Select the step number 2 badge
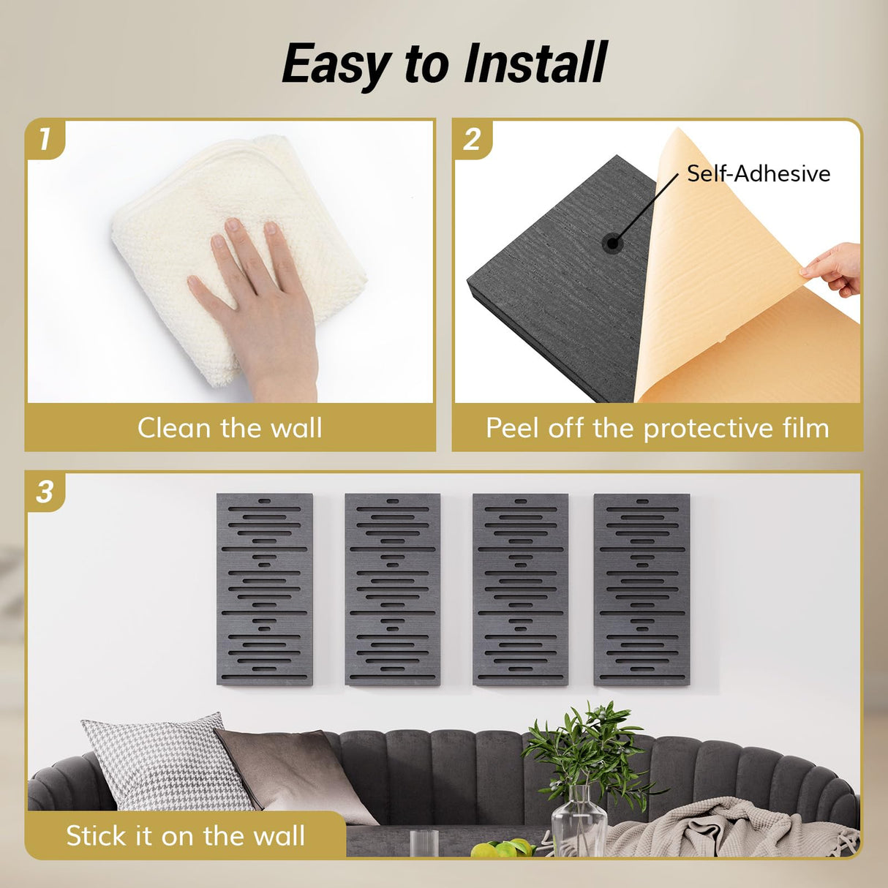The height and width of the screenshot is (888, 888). [x=473, y=139]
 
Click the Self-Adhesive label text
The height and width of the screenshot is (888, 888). [x=759, y=173]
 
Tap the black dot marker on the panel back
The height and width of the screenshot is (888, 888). [x=612, y=244]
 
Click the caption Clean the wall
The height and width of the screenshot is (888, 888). [x=230, y=428]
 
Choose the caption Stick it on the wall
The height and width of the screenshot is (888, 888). [x=185, y=835]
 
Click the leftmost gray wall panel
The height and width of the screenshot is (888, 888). [x=265, y=590]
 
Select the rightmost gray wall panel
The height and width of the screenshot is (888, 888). [x=641, y=590]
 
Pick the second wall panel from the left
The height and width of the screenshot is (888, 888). [x=392, y=590]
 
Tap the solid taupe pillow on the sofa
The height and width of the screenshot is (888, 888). [x=293, y=772]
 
